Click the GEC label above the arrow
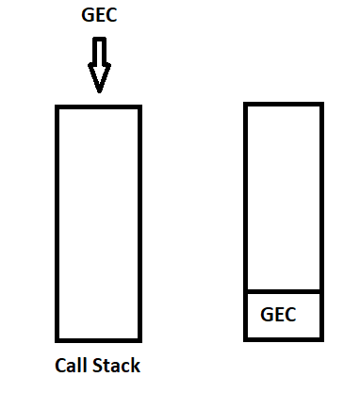click(x=99, y=15)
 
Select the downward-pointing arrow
click(x=99, y=65)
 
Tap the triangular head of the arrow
click(x=99, y=78)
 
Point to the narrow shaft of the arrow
click(x=99, y=51)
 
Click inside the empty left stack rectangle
click(x=98, y=223)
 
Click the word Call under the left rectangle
click(x=71, y=366)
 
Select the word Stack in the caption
click(x=117, y=366)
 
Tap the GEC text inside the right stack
click(x=278, y=315)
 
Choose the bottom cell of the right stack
click(x=284, y=316)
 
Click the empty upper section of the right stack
click(x=284, y=198)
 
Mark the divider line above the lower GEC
click(x=284, y=292)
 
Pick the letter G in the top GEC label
click(x=88, y=15)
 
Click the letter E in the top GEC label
click(x=100, y=15)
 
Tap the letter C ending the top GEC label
click(x=112, y=15)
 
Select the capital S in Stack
click(x=98, y=366)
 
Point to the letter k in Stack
click(x=137, y=365)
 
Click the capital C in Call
click(x=60, y=366)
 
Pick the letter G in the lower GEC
click(x=267, y=315)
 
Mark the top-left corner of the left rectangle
click(x=57, y=106)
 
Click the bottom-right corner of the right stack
click(x=322, y=340)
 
